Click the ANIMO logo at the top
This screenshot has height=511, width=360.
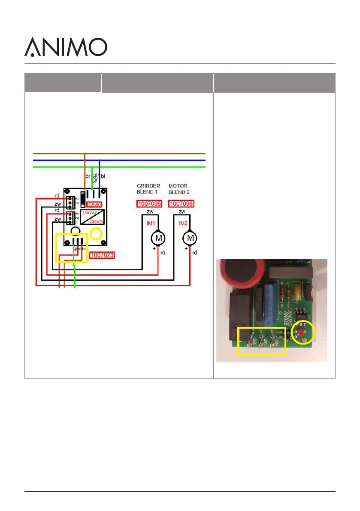coord(65,47)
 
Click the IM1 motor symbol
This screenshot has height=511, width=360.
coord(158,237)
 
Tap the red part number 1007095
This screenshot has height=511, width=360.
coord(149,203)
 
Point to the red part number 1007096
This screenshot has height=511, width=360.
coord(181,203)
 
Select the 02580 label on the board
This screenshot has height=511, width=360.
coord(94,205)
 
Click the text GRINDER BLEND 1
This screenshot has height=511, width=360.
coord(148,189)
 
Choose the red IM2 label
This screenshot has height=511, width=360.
coord(183,223)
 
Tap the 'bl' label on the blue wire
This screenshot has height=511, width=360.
coord(103,176)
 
